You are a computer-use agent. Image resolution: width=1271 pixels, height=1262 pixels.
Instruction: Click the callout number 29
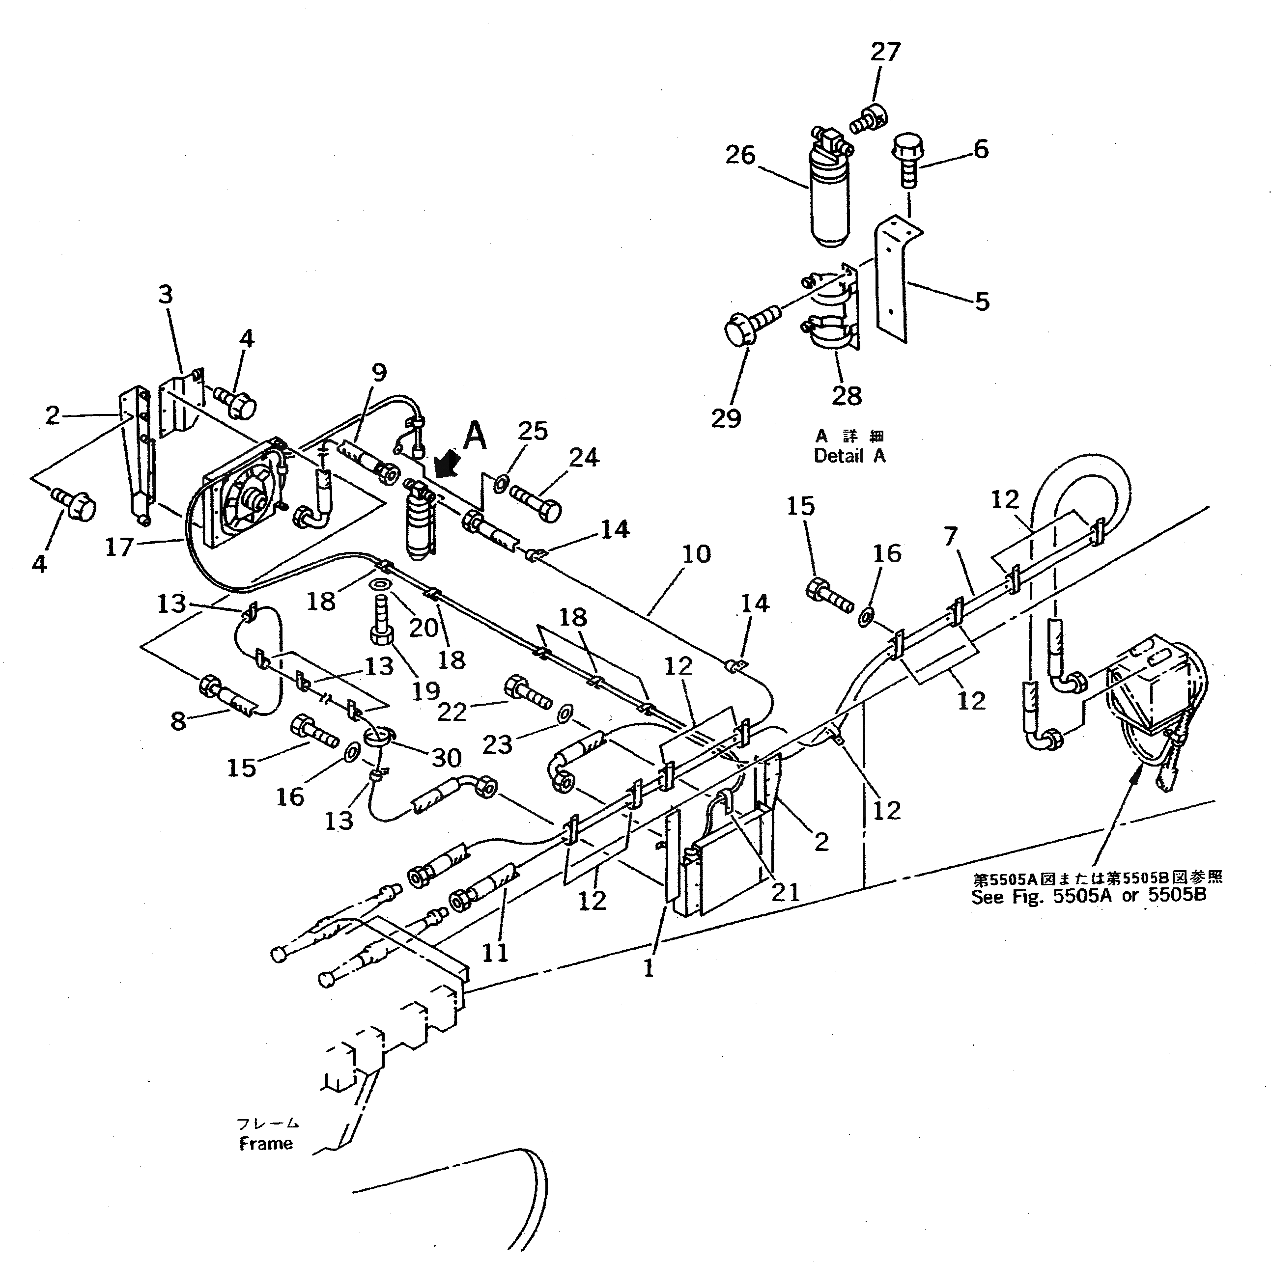click(726, 418)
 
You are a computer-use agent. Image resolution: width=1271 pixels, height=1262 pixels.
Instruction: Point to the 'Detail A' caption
click(849, 455)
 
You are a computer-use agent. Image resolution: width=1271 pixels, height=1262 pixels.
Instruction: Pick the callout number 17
click(119, 547)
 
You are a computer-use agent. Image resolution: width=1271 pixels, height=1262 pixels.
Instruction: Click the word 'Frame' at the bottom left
click(265, 1143)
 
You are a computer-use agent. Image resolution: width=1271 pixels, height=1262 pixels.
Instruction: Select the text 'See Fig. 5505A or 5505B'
click(1089, 896)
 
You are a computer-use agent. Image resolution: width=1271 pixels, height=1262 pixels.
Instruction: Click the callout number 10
click(696, 554)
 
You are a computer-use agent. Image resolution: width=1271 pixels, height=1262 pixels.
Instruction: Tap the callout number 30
click(446, 758)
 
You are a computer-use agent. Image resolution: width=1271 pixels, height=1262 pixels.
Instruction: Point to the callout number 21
click(785, 892)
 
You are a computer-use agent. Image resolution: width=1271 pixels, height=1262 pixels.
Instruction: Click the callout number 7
click(950, 537)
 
